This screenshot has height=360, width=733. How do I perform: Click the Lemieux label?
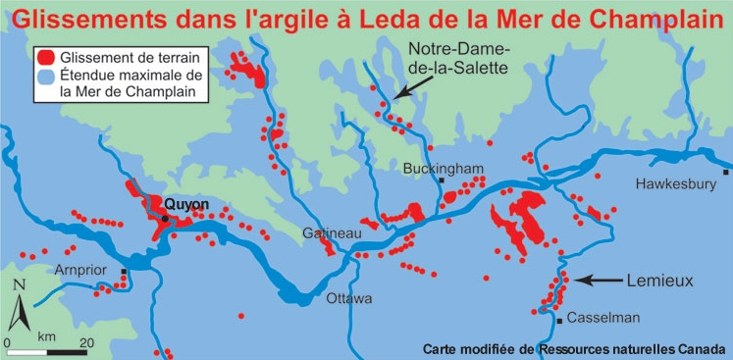658,281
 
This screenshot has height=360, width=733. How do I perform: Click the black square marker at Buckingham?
444,182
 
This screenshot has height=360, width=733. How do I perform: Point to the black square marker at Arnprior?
124,272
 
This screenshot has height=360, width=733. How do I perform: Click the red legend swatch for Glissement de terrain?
42,57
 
